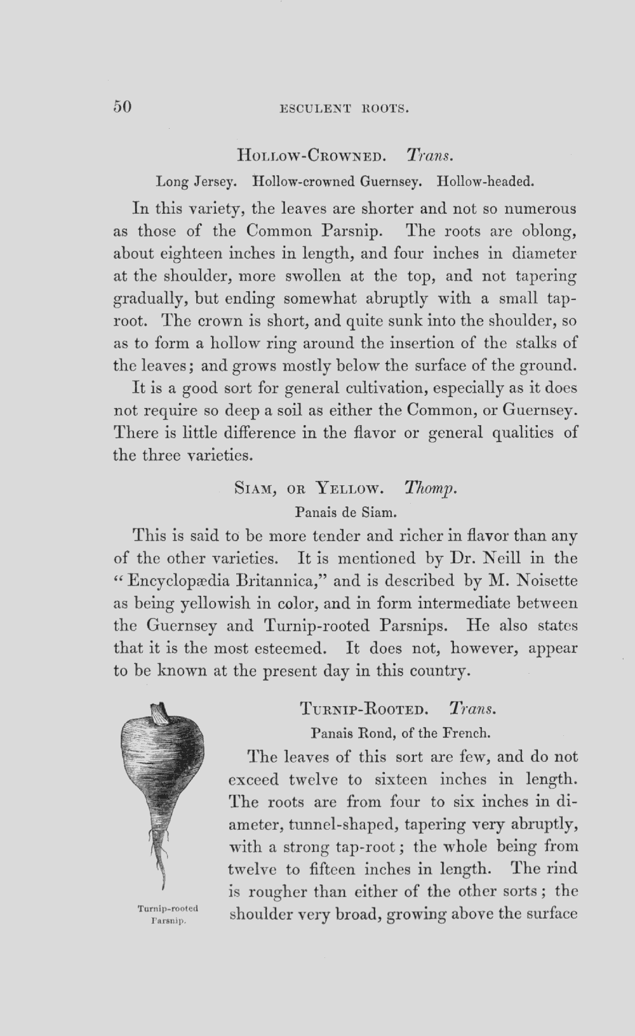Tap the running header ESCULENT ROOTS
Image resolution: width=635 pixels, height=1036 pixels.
pyautogui.click(x=344, y=108)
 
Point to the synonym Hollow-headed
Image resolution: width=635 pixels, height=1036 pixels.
pyautogui.click(x=486, y=182)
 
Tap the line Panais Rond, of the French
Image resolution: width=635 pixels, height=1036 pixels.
pyautogui.click(x=401, y=733)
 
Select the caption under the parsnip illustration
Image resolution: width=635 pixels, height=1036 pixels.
pyautogui.click(x=168, y=914)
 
